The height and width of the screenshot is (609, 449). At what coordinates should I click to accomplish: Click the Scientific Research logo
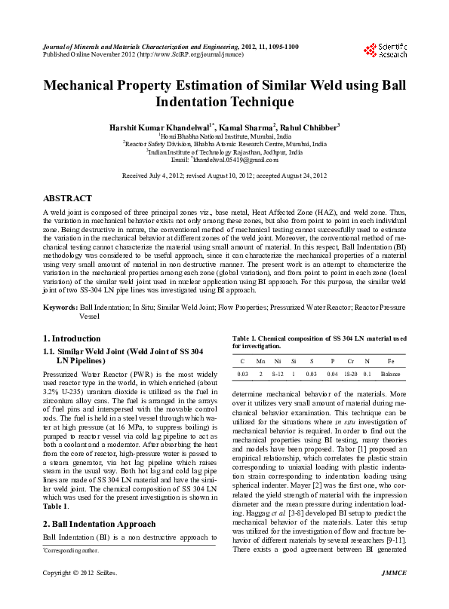pos(385,50)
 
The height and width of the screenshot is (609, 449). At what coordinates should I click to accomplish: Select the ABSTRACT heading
pos(68,197)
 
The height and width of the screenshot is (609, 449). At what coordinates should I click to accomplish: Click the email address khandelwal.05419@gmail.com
pos(230,160)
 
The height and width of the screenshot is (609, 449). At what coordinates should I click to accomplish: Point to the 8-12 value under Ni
pos(277,374)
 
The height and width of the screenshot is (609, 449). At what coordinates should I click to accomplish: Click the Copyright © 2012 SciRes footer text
pos(79,595)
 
